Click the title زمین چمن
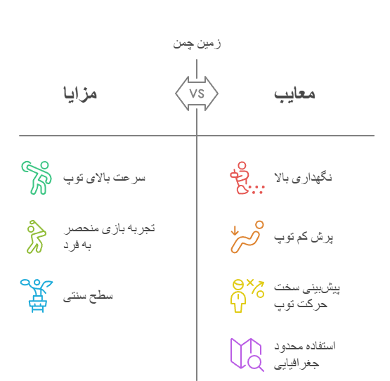(x=197, y=44)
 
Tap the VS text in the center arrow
(x=197, y=93)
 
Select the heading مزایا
(x=80, y=93)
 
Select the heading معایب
(x=294, y=94)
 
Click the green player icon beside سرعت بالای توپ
(x=37, y=178)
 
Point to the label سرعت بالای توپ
(x=104, y=178)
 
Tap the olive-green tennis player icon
(x=37, y=237)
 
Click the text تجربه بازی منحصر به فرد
(x=109, y=237)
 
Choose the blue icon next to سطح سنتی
(x=37, y=296)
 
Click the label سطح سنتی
(x=88, y=296)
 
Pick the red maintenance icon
(x=247, y=178)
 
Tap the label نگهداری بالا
(x=303, y=178)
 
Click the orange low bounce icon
(x=247, y=237)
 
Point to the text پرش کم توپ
(x=304, y=237)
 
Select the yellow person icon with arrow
(x=247, y=296)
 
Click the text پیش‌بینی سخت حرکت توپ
(x=307, y=296)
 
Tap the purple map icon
(x=247, y=354)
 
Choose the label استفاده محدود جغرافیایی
(x=305, y=355)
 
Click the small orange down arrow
(x=235, y=231)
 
